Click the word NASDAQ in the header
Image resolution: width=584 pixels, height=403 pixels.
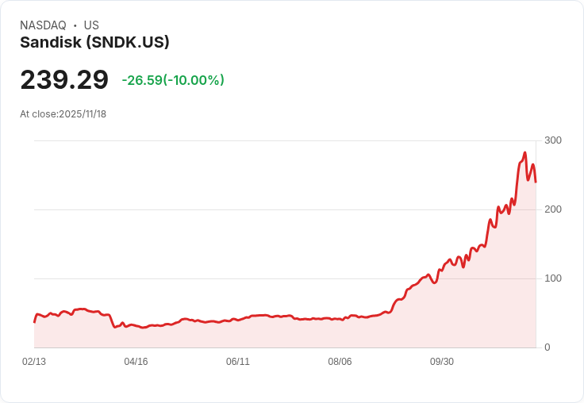[x=43, y=25]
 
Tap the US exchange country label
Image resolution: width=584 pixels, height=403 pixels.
[x=91, y=25]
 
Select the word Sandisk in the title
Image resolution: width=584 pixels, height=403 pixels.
[x=51, y=43]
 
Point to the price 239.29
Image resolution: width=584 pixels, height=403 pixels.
[x=64, y=80]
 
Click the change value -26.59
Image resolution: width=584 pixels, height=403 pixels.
[x=141, y=80]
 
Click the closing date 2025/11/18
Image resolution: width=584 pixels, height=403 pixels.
[x=83, y=114]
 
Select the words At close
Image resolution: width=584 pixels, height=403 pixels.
[x=38, y=114]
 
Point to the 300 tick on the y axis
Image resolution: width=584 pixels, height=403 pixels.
[x=553, y=140]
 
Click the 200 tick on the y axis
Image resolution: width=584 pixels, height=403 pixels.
[x=553, y=209]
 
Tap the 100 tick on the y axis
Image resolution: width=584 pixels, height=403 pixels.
[x=553, y=278]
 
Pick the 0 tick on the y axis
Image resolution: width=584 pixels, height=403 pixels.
[x=547, y=347]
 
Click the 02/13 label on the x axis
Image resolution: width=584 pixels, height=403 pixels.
[x=34, y=362]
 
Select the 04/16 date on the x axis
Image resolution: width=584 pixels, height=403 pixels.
[x=136, y=362]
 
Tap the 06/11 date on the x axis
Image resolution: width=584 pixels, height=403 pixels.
[x=238, y=362]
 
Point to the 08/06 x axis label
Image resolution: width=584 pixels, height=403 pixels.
[x=340, y=362]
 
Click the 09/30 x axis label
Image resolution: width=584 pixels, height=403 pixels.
[x=442, y=362]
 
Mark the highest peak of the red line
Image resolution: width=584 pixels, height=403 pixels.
[x=525, y=153]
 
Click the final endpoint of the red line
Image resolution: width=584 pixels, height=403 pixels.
[x=536, y=182]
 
